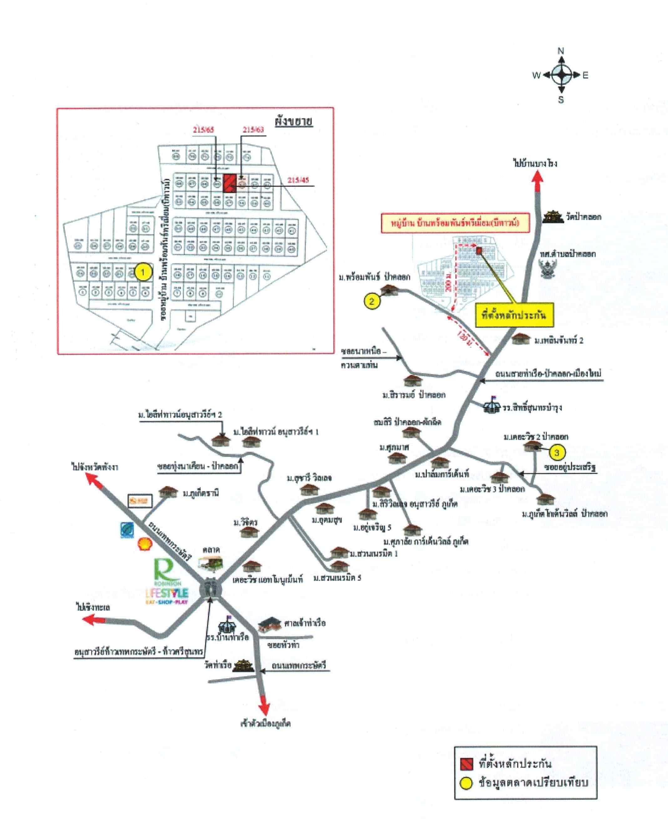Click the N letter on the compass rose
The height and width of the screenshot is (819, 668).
(x=561, y=51)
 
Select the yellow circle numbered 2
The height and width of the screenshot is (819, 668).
(x=371, y=301)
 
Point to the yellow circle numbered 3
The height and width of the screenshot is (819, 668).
(x=557, y=452)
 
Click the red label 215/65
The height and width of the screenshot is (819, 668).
(x=204, y=130)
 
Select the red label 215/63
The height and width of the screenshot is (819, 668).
(x=253, y=129)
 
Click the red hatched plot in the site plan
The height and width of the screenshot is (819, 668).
(x=230, y=183)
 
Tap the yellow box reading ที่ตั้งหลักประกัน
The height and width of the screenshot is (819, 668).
(x=514, y=315)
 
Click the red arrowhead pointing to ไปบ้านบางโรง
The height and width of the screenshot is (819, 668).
(x=538, y=178)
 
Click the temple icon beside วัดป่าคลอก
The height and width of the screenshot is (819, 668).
(x=553, y=217)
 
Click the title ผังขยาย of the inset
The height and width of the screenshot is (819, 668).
(x=293, y=122)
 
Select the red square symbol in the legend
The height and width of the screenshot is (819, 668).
(x=467, y=764)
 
